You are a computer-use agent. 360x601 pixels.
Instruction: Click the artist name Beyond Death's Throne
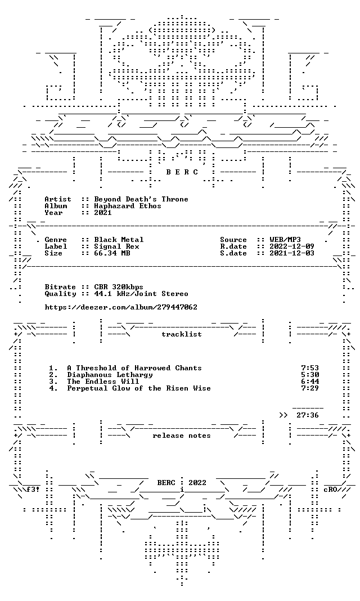(x=141, y=199)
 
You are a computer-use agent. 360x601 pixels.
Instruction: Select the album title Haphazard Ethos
(x=128, y=206)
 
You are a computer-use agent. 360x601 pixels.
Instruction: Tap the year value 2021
(x=103, y=213)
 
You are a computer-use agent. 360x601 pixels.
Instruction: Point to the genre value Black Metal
(x=119, y=240)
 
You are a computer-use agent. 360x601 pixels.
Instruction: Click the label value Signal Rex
(x=116, y=246)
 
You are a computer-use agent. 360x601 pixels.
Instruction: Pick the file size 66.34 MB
(x=112, y=253)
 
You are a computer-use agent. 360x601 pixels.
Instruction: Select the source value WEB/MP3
(x=285, y=240)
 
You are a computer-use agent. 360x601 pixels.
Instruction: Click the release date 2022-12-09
(x=292, y=246)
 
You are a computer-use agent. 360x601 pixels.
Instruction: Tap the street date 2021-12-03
(x=292, y=253)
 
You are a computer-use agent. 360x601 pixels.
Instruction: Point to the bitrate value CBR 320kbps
(x=119, y=286)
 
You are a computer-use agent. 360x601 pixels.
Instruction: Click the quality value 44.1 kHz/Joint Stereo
(x=141, y=294)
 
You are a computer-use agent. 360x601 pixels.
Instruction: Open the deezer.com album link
(x=121, y=307)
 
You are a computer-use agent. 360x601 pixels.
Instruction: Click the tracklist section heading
(x=182, y=334)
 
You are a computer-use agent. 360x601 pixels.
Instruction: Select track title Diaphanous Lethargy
(x=110, y=375)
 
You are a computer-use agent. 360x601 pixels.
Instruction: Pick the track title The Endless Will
(x=103, y=382)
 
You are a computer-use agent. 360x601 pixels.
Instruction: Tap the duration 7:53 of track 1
(x=310, y=368)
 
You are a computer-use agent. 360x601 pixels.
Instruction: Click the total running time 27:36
(x=308, y=415)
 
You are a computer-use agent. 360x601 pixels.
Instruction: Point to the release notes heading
(x=182, y=436)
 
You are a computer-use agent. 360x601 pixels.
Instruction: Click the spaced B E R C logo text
(x=182, y=172)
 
